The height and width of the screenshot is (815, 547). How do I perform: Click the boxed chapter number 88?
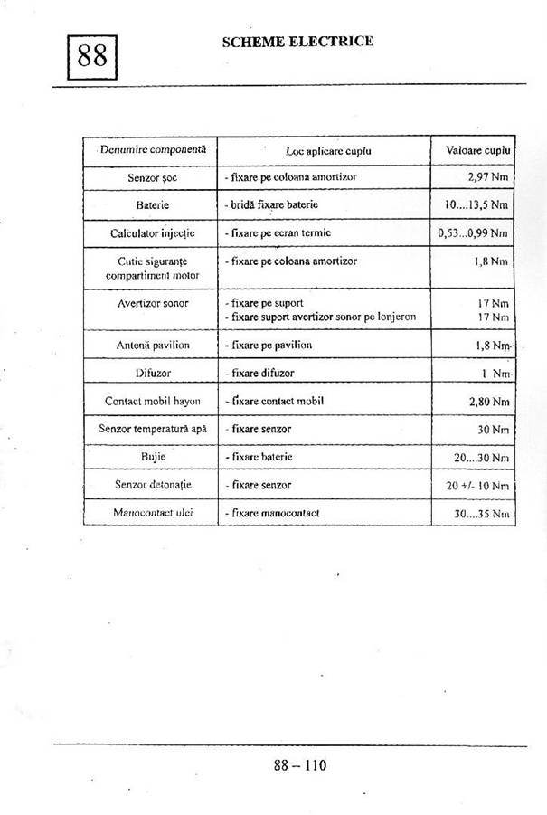[92, 57]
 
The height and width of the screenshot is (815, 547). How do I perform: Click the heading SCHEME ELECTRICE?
[297, 41]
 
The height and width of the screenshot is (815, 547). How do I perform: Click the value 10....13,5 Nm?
[476, 205]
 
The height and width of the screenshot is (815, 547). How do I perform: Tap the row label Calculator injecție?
[152, 233]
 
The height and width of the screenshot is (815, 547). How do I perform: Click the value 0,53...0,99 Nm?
[473, 233]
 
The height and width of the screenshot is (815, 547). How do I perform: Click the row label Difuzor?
[152, 373]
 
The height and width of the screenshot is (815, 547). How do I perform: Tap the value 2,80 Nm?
[488, 401]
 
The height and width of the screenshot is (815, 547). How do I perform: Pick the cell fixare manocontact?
[272, 513]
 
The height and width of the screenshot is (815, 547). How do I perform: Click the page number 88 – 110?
[300, 765]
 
